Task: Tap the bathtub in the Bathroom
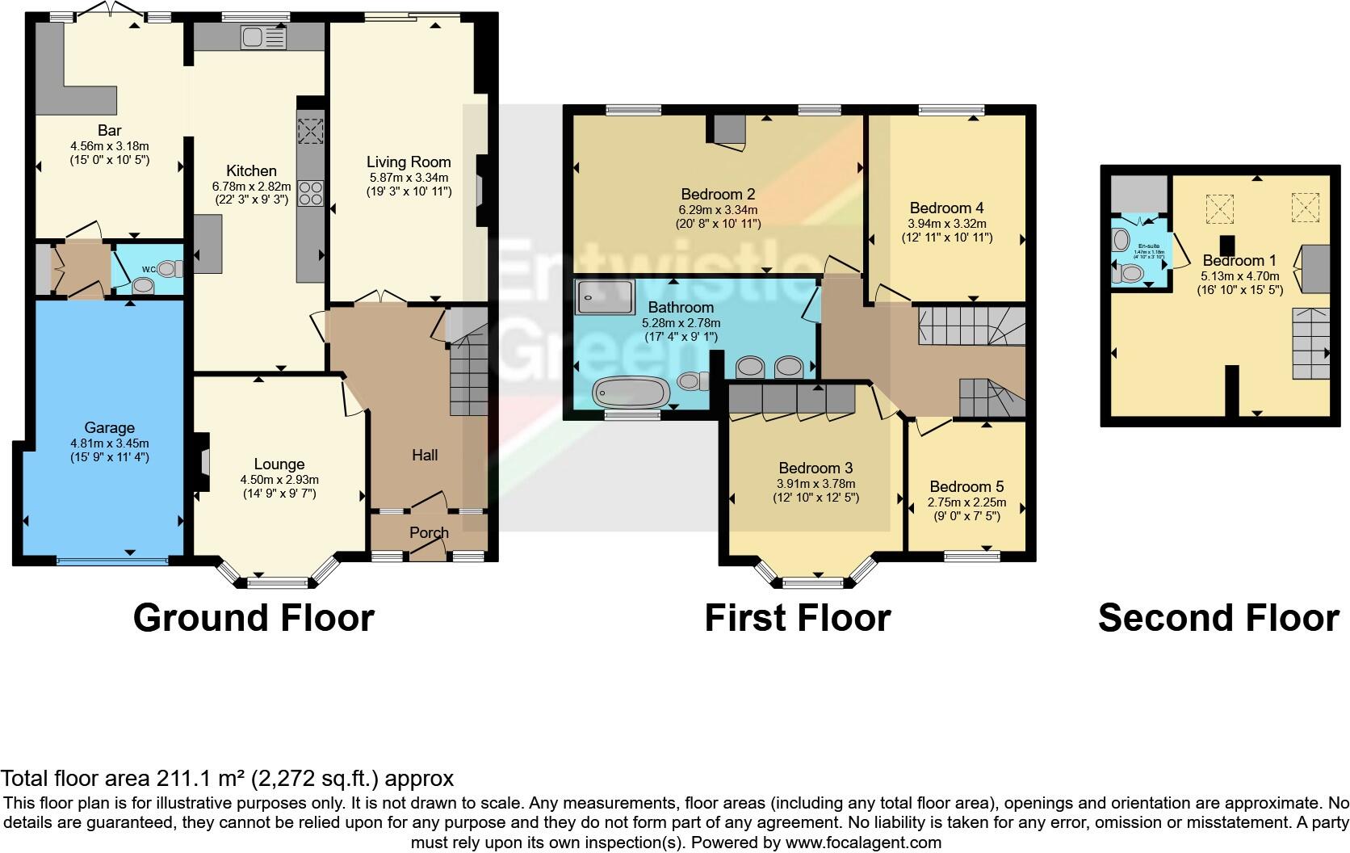(x=631, y=393)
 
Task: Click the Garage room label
(x=109, y=428)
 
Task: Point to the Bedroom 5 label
(x=966, y=486)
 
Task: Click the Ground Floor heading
(x=254, y=618)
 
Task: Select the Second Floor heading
(x=1218, y=618)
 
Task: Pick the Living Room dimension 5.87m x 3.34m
(x=409, y=178)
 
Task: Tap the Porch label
(x=429, y=533)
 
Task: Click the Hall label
(x=425, y=455)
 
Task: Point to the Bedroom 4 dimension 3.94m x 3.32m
(x=946, y=224)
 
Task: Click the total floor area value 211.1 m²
(x=193, y=779)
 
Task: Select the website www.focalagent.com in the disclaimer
(x=863, y=842)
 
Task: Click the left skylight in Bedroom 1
(x=1220, y=208)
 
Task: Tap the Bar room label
(x=109, y=131)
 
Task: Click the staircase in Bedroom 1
(x=1310, y=343)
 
